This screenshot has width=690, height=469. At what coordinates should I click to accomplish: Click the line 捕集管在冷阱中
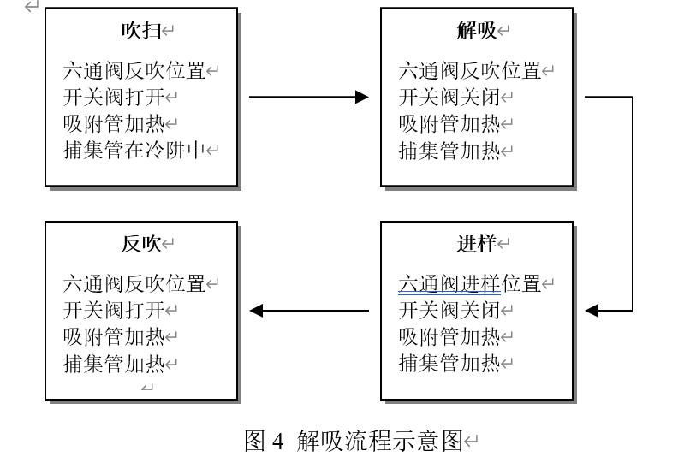point(136,151)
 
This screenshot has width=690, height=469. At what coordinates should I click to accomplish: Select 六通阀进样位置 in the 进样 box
point(471,283)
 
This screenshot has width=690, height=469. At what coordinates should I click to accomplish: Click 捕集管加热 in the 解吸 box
point(449,151)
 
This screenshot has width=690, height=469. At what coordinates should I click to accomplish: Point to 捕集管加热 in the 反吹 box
point(114,364)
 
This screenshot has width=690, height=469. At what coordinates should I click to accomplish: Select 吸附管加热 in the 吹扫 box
point(114,124)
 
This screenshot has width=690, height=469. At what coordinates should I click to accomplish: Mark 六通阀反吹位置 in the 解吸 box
point(471,71)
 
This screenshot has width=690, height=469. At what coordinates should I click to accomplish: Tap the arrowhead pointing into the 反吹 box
point(255,310)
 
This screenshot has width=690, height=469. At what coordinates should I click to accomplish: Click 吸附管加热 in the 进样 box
point(449,336)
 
